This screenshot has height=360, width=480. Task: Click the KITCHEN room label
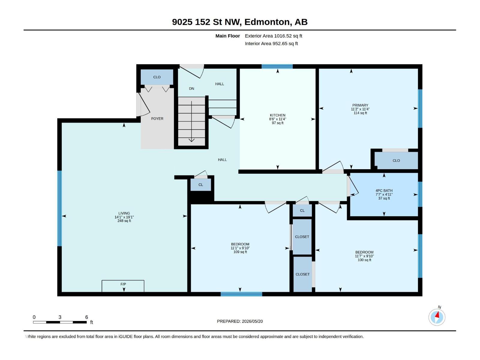[277, 115]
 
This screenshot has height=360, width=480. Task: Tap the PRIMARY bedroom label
[360, 105]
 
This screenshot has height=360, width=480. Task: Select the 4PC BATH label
[384, 190]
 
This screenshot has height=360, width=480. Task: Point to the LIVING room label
[124, 213]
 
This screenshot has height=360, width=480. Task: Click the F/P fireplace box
[123, 286]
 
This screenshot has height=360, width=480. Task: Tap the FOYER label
[157, 119]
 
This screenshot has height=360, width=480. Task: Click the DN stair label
[192, 88]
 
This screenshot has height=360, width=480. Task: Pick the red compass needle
[437, 315]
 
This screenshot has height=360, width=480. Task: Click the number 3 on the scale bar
[60, 317]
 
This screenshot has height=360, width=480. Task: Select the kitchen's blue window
[277, 66]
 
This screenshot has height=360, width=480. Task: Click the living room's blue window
[59, 208]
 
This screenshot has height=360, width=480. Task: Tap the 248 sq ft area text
[124, 221]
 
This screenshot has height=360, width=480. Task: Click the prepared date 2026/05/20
[252, 321]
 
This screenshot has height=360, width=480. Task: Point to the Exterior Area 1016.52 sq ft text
[273, 36]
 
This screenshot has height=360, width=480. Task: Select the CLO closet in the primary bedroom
[396, 160]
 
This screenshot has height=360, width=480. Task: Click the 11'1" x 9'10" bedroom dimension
[240, 248]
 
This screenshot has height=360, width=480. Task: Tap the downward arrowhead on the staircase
[192, 140]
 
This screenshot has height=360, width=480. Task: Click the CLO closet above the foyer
[157, 77]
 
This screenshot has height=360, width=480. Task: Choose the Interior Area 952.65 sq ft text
[271, 43]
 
